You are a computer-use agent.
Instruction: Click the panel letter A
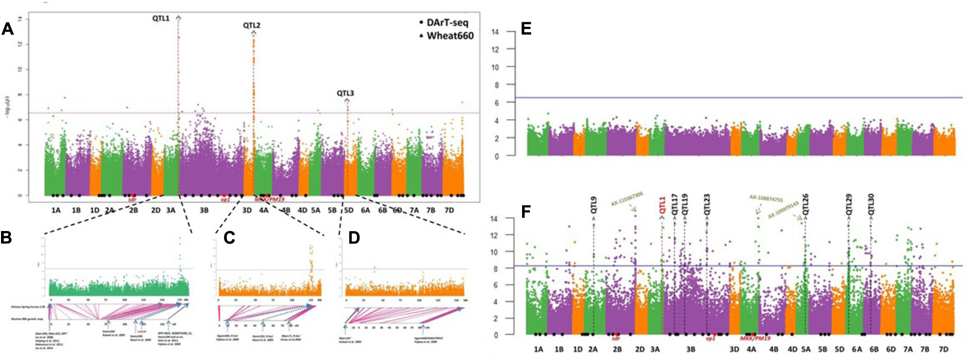click(x=7, y=28)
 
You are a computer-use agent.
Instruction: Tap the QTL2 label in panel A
click(x=252, y=25)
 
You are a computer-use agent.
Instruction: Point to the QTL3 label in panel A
click(x=345, y=93)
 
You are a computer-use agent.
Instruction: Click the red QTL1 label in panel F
click(x=661, y=205)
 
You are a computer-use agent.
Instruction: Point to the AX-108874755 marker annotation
click(x=766, y=199)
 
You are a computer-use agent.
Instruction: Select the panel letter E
click(x=526, y=29)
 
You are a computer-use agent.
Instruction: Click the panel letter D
click(x=354, y=238)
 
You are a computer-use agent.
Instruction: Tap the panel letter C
click(x=229, y=238)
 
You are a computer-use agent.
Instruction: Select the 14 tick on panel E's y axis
click(x=495, y=32)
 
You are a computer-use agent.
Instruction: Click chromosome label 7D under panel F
click(x=943, y=350)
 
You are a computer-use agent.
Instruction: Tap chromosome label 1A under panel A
click(x=55, y=210)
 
